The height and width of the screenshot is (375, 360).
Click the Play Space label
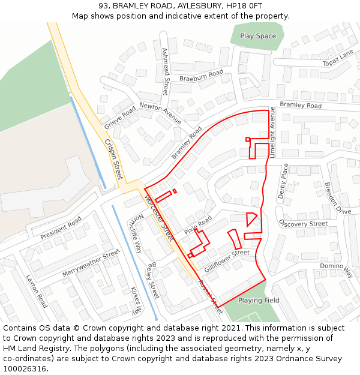[x=258, y=36]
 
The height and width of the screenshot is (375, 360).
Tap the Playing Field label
[x=259, y=300]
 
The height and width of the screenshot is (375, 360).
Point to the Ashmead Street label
[x=166, y=72]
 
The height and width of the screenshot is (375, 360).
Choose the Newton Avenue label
[x=160, y=113]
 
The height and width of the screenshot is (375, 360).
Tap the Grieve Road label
[x=121, y=118]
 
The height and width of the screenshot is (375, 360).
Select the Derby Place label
[x=283, y=181]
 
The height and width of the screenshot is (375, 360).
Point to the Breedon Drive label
[x=337, y=198]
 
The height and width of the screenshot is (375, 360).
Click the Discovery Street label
[x=303, y=224]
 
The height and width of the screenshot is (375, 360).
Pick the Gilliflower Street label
[x=226, y=261]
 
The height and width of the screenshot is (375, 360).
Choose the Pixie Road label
[x=198, y=226]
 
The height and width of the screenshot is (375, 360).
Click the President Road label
[x=61, y=229]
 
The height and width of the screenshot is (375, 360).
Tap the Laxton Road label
[x=37, y=291]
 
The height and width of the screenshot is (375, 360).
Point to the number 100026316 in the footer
[x=25, y=368]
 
